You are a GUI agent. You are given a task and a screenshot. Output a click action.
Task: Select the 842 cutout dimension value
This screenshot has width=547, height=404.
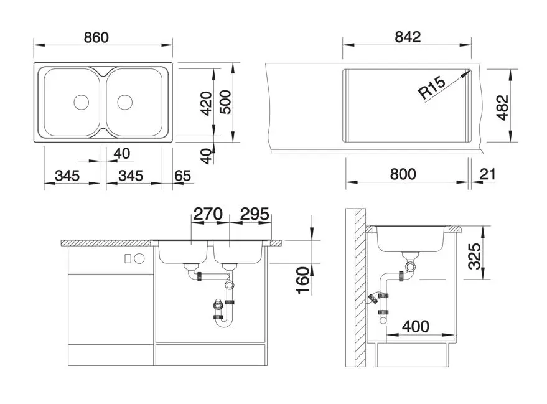408,37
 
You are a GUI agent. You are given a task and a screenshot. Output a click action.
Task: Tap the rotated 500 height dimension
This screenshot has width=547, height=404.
225,101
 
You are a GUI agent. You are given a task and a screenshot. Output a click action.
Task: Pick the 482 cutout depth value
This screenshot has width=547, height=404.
502,108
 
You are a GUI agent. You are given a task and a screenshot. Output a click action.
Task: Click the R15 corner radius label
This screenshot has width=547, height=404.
431,89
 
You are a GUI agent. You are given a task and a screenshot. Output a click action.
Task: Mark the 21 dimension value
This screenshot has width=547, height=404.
488,174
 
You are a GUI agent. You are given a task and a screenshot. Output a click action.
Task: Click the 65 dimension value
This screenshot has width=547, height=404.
183,176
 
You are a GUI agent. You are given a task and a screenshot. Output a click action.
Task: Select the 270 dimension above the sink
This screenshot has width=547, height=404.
207,215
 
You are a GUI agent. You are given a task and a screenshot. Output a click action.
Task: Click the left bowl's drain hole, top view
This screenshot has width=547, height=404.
82,101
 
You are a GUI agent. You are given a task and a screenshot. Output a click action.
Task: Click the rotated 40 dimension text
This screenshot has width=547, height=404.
206,156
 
